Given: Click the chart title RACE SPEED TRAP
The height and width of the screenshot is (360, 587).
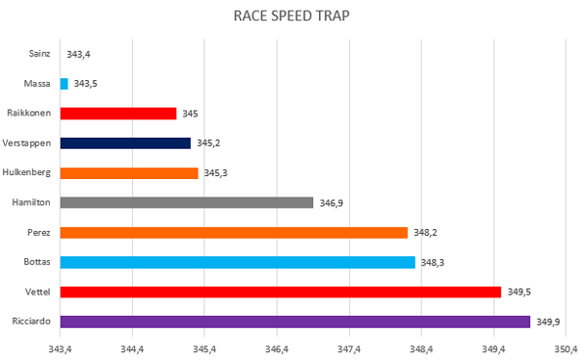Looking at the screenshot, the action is click(292, 16).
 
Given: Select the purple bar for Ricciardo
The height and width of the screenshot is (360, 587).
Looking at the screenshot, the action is click(295, 322).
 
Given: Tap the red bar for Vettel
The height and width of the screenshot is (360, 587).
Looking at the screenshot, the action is click(281, 292).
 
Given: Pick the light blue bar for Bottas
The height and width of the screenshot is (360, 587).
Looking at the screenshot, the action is click(238, 262).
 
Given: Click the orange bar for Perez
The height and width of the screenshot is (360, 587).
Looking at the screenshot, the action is click(234, 233).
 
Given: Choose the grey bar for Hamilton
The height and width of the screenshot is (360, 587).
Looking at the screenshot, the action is click(187, 202).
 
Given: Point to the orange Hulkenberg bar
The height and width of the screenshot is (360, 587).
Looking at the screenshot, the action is click(129, 173).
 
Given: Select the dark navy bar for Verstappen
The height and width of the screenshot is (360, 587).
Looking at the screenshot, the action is click(125, 144).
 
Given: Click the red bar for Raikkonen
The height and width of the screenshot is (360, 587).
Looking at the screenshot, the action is click(118, 113).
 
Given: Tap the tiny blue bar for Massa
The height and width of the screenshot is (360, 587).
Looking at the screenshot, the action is click(64, 84).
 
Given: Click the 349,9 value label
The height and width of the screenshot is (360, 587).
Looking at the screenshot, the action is click(548, 322).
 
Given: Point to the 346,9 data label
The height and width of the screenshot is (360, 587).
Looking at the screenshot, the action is click(331, 202).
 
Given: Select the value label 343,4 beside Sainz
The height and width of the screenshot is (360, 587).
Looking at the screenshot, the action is click(78, 54).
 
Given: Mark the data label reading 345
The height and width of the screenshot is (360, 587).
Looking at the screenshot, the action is click(190, 113).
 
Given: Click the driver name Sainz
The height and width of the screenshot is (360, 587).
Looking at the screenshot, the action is click(39, 54).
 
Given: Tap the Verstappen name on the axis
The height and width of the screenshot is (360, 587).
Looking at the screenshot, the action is click(26, 144).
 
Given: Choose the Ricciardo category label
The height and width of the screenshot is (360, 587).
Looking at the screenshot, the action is click(31, 321).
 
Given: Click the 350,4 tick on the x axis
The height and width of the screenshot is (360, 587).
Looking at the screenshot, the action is click(565, 349).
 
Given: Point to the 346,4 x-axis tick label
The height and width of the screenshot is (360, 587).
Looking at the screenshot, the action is click(277, 349).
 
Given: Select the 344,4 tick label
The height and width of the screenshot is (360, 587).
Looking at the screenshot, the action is click(132, 349).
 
